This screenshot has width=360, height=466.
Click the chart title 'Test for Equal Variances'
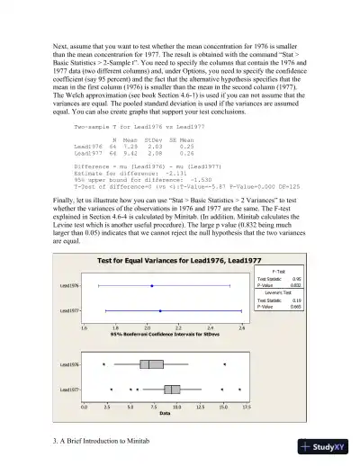click(x=175, y=260)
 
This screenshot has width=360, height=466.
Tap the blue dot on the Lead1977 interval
click(x=160, y=309)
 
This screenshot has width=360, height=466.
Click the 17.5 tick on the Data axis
click(x=246, y=408)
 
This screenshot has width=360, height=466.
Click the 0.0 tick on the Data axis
click(x=85, y=408)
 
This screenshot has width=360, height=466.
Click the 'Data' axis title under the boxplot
click(x=165, y=414)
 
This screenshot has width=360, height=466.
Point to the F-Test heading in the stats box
click(x=280, y=271)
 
